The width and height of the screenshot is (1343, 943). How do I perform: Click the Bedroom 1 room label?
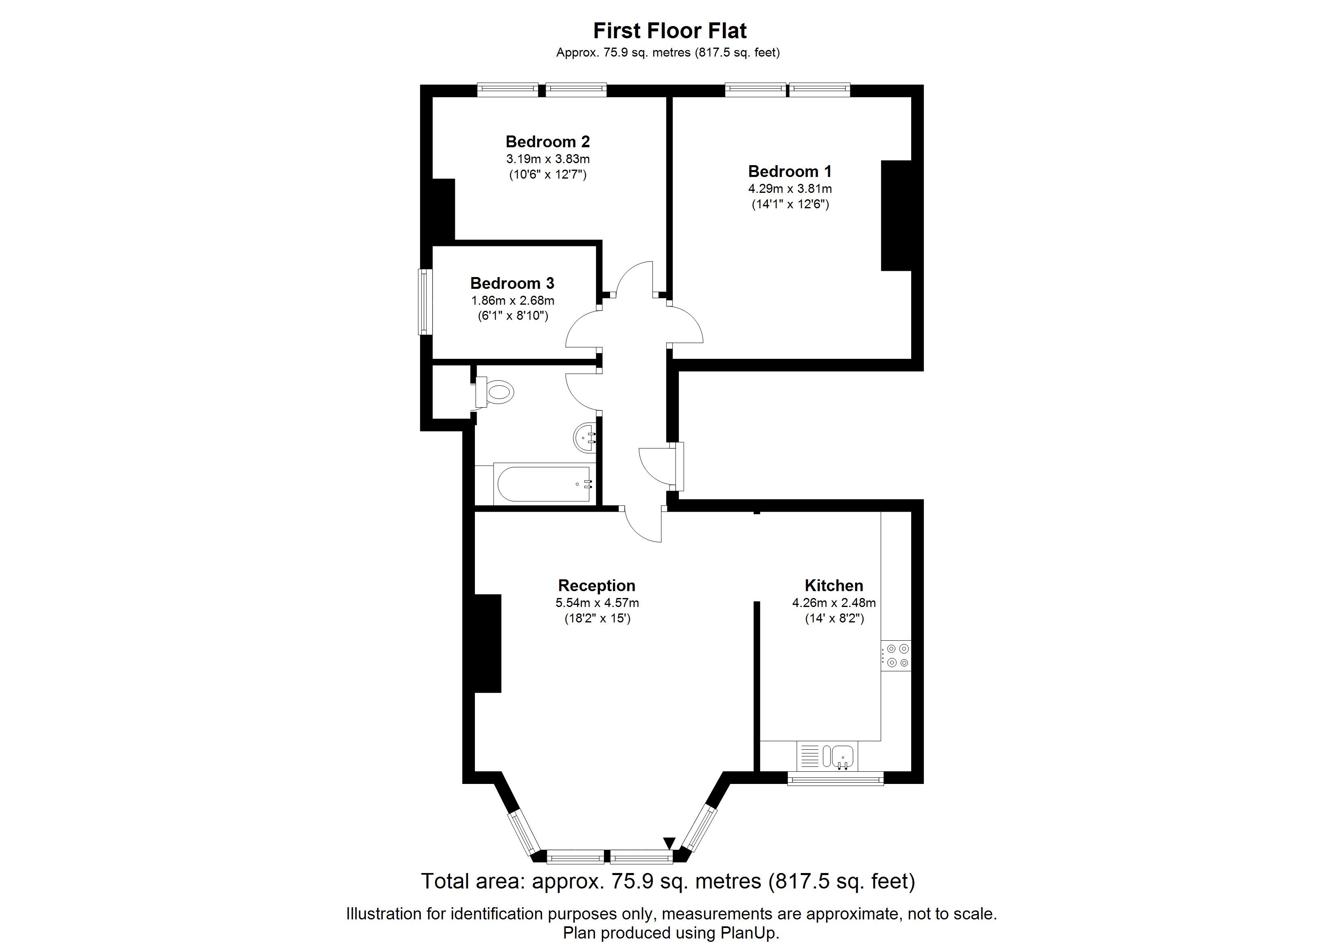click(x=790, y=171)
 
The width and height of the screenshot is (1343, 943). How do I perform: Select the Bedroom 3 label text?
click(x=512, y=284)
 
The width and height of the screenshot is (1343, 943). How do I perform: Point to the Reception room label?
click(x=597, y=585)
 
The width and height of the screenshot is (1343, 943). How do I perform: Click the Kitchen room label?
click(x=834, y=585)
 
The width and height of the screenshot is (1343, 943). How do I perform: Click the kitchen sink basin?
click(x=839, y=756)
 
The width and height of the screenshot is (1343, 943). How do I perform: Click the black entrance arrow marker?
click(x=669, y=843)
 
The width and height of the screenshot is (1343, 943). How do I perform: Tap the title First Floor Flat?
click(x=670, y=31)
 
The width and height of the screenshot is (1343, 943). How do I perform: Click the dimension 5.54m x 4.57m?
click(x=597, y=603)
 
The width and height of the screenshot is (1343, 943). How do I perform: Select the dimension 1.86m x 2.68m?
click(x=513, y=301)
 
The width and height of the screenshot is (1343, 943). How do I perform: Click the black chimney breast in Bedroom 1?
click(x=897, y=216)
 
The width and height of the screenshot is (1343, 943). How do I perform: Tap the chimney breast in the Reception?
click(x=488, y=644)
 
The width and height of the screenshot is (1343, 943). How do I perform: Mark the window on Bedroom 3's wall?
click(x=425, y=302)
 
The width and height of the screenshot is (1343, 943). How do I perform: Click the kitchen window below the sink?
click(x=835, y=778)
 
